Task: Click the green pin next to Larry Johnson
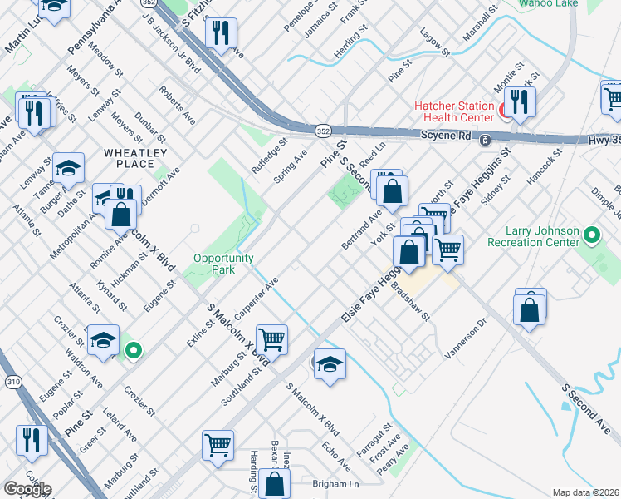pos(591,235)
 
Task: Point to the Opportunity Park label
pos(223,264)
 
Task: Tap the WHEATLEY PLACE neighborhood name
pos(135,158)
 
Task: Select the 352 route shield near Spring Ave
pos(323,131)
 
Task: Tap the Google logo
pos(27,488)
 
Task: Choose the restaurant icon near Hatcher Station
pos(520,101)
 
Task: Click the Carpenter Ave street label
pos(259,297)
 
